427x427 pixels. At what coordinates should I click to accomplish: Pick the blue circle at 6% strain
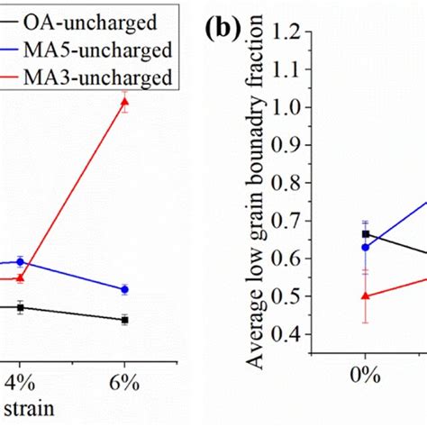pyautogui.click(x=125, y=289)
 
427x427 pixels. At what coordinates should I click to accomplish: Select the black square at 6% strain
pyautogui.click(x=125, y=319)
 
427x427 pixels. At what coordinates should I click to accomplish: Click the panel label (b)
pyautogui.click(x=222, y=30)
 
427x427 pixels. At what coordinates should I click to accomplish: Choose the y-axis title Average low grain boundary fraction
pyautogui.click(x=258, y=194)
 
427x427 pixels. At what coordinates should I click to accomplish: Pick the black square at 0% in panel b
pyautogui.click(x=365, y=233)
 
